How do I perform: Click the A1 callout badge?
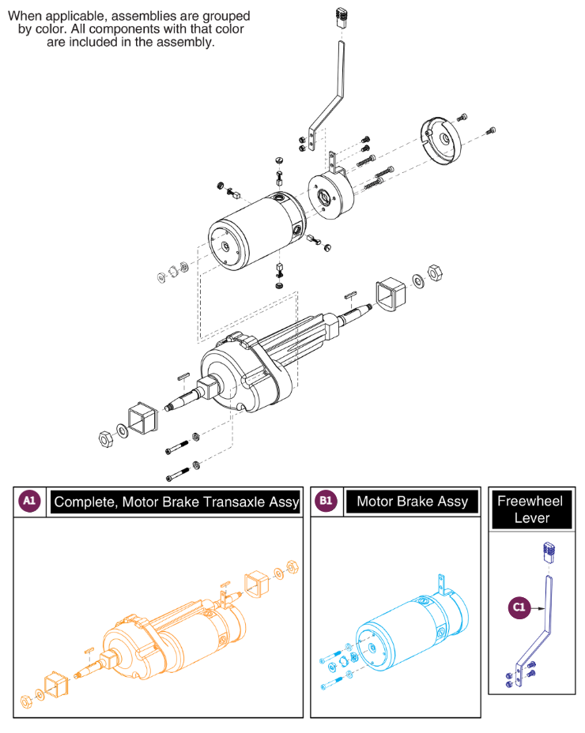(x=29, y=501)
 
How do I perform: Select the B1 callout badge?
(x=326, y=501)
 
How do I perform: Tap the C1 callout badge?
(x=519, y=607)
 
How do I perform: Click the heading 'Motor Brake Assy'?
(x=412, y=501)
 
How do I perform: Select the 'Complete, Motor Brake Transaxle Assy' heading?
(x=176, y=502)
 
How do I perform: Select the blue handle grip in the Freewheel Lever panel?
(x=545, y=551)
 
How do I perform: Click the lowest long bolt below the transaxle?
(x=178, y=476)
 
